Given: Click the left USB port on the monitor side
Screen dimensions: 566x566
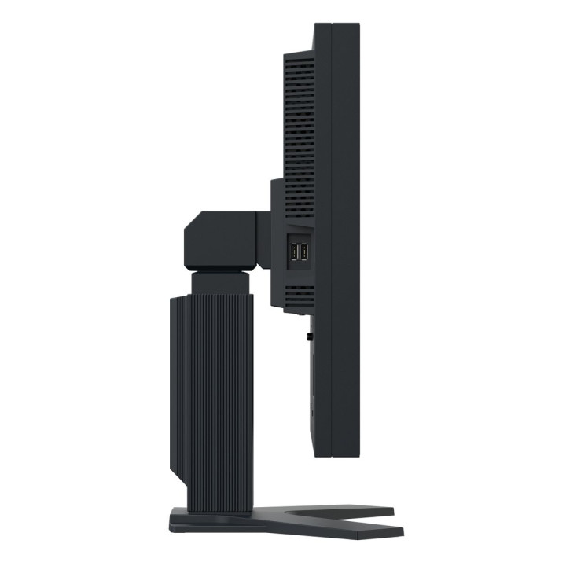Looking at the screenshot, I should (293, 253).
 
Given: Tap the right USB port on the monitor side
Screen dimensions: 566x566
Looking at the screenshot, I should (304, 253).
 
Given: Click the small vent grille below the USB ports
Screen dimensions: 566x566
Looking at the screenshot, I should (298, 295).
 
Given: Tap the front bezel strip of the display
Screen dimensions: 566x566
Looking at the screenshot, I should (349, 236).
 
